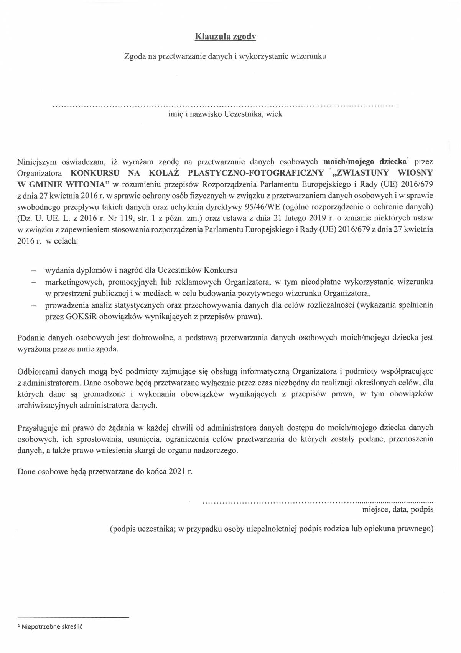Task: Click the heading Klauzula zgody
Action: (x=225, y=37)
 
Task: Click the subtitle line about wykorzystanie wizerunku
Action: (x=225, y=56)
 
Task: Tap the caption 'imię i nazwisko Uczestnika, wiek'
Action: (x=225, y=114)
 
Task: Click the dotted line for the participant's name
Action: (x=225, y=104)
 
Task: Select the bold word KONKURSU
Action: (x=95, y=172)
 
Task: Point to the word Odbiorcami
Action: (x=36, y=371)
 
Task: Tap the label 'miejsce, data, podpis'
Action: (x=397, y=509)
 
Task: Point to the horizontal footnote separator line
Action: (x=73, y=617)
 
